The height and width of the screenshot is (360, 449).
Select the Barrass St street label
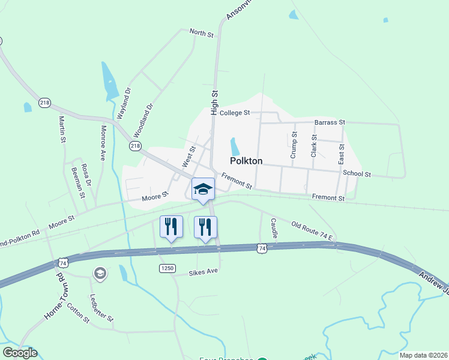(330, 122)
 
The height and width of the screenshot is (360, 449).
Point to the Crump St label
(294, 145)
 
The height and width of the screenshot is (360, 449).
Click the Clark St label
(313, 146)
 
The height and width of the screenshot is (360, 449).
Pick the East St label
(342, 154)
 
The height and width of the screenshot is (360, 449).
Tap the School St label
(357, 174)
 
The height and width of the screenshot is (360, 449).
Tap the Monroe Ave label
(103, 142)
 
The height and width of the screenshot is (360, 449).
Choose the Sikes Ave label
(205, 271)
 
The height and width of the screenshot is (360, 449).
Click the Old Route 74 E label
(312, 230)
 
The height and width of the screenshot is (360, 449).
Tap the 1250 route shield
(167, 268)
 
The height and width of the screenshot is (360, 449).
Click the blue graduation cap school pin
(203, 189)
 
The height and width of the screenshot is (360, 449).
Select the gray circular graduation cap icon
(100, 274)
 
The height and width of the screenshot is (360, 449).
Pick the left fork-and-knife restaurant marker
(171, 227)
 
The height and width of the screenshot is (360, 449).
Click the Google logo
(20, 353)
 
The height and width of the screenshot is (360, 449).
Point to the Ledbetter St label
(101, 307)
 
